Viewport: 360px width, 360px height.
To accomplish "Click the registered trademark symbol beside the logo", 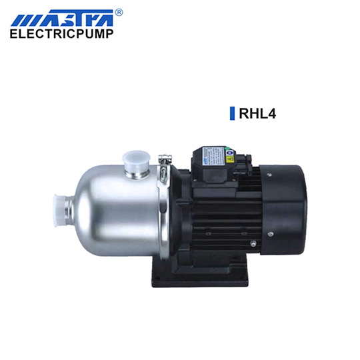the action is (x=119, y=12).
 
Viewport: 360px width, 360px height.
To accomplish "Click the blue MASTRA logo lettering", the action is (x=62, y=18).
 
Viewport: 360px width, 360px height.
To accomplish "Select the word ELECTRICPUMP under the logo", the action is (x=61, y=34).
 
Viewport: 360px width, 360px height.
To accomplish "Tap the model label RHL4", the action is (x=257, y=113).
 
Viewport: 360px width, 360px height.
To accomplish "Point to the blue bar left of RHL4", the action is (x=233, y=113).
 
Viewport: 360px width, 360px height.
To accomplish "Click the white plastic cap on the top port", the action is (x=137, y=160).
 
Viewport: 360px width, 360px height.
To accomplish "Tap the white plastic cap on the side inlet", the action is (x=58, y=211).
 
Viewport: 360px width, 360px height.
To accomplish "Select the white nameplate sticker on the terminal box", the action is (x=213, y=156).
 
